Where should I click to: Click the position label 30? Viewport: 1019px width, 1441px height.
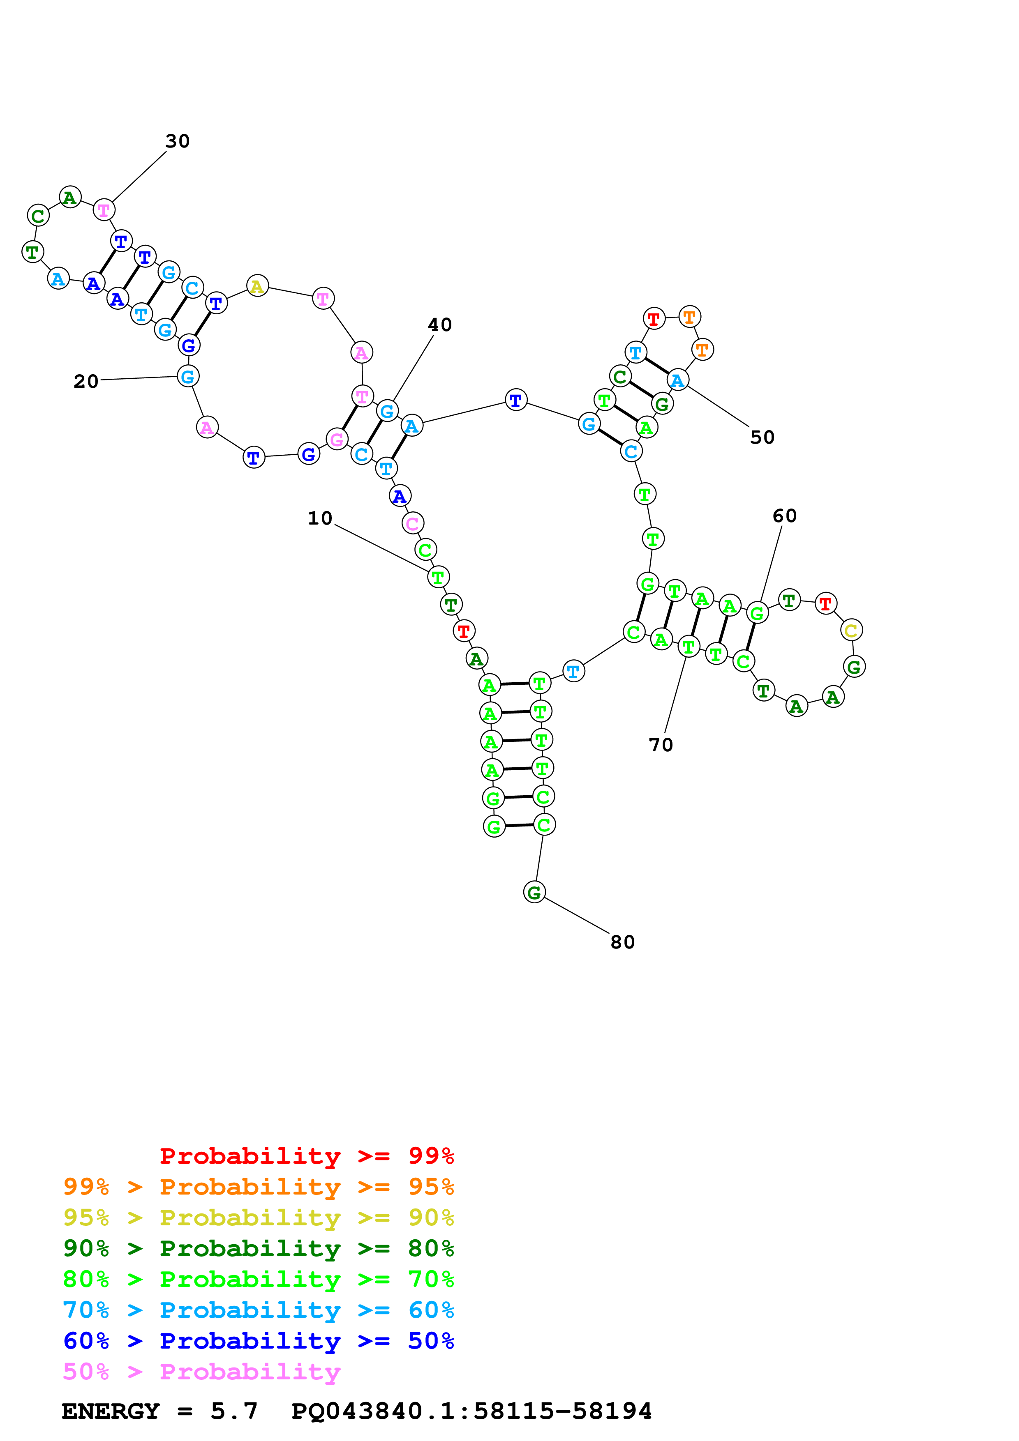[x=177, y=141]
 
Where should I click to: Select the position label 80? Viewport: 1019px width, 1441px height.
[x=622, y=942]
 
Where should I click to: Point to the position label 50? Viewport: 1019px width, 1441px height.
[x=762, y=437]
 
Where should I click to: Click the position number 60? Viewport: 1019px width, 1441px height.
[x=784, y=516]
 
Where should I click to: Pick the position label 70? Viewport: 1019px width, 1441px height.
[x=661, y=745]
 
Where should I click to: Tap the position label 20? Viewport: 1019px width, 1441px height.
[x=86, y=382]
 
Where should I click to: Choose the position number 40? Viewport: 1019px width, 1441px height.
[x=439, y=325]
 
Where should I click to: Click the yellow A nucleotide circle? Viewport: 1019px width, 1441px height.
[x=257, y=286]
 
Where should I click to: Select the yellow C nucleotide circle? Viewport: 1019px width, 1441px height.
[x=851, y=630]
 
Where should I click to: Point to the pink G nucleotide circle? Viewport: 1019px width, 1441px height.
[x=337, y=440]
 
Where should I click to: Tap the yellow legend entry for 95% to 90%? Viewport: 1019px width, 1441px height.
[x=258, y=1218]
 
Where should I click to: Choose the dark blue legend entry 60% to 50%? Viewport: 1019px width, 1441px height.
[x=258, y=1341]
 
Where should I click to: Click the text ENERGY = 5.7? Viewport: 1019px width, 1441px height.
[x=159, y=1411]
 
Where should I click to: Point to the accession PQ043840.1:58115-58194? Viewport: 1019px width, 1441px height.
[x=471, y=1411]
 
